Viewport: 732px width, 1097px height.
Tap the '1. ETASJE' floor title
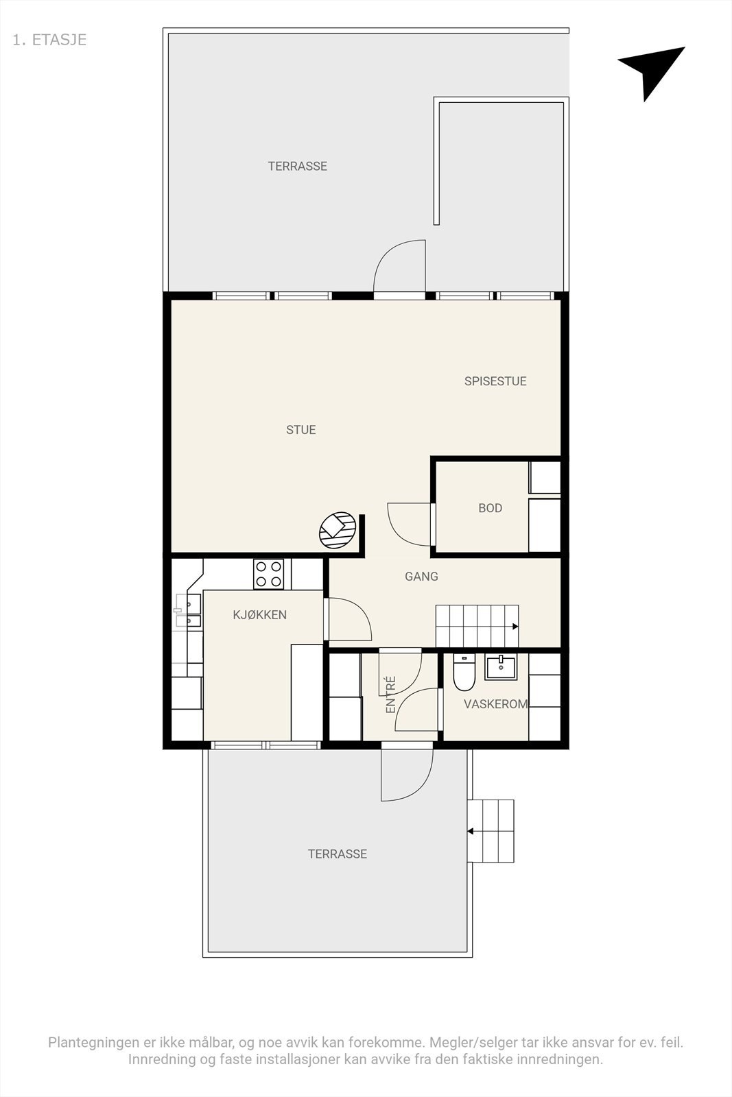point(49,40)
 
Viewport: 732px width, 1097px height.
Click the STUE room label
point(301,429)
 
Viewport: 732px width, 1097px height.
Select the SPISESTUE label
point(495,381)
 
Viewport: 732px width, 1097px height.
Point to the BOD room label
point(490,508)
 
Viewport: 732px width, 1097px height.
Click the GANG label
point(421,577)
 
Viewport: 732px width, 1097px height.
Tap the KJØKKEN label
point(260,614)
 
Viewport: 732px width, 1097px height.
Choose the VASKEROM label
point(496,703)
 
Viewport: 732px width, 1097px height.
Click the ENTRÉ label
point(390,695)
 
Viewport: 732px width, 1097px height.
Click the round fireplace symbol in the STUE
point(338,530)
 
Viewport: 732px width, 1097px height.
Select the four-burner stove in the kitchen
point(268,574)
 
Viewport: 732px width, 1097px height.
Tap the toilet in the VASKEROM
point(464,672)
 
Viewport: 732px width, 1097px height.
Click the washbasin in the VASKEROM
point(501,668)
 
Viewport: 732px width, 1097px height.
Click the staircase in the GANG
point(477,626)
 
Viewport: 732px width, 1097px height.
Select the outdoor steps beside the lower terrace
point(490,831)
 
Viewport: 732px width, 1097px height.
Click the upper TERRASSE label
point(298,166)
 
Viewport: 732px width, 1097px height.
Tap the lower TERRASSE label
point(338,854)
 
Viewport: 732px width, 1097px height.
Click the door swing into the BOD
point(409,524)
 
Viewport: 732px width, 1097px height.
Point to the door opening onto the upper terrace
point(399,266)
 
